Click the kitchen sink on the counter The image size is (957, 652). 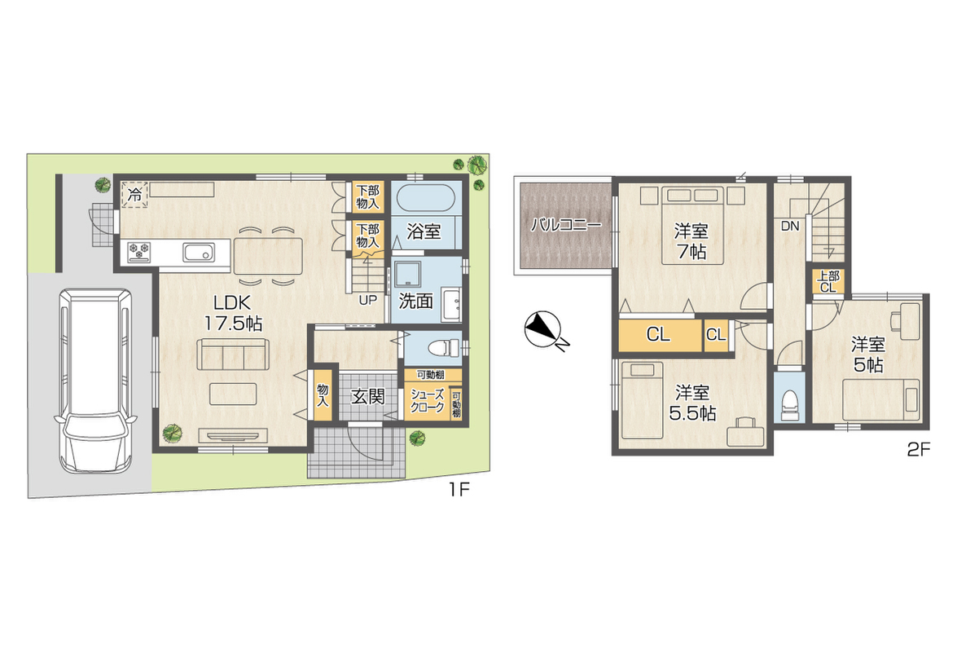pyautogui.click(x=199, y=252)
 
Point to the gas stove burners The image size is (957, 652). pyautogui.click(x=139, y=252)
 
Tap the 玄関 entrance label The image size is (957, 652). pyautogui.click(x=368, y=397)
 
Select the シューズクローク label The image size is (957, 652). pyautogui.click(x=427, y=401)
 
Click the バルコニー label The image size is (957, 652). pyautogui.click(x=565, y=225)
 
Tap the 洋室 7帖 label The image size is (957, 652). pyautogui.click(x=691, y=242)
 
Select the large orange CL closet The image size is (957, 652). pyautogui.click(x=660, y=334)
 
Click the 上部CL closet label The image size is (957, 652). pyautogui.click(x=828, y=282)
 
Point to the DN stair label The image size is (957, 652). pyautogui.click(x=790, y=226)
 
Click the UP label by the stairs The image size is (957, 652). pyautogui.click(x=367, y=300)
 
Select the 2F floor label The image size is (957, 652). pyautogui.click(x=918, y=451)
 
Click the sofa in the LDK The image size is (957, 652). pyautogui.click(x=233, y=354)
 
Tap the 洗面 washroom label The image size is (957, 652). pyautogui.click(x=415, y=301)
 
